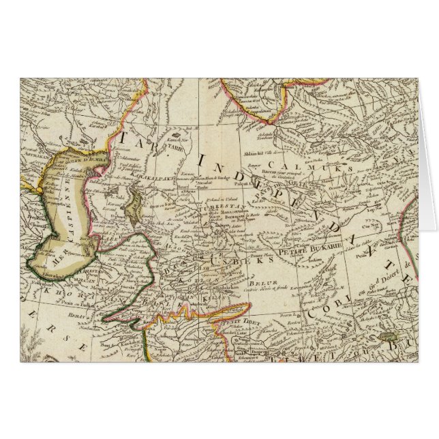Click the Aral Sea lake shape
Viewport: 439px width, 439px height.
click(136, 204)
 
